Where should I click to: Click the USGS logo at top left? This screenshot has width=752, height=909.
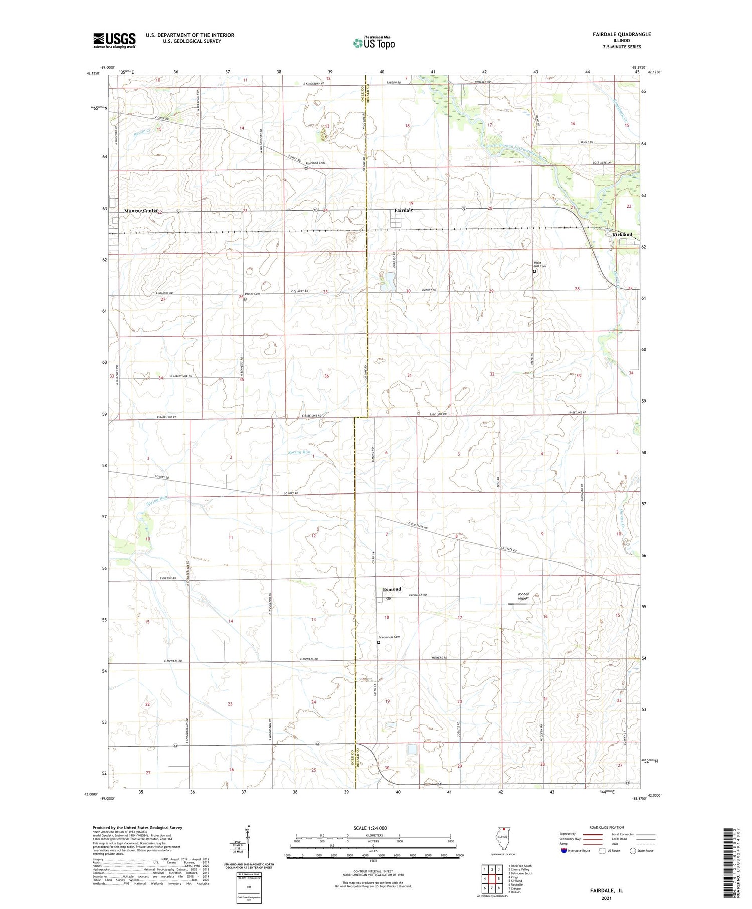[x=114, y=40]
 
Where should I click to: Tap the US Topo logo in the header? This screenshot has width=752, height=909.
[x=373, y=43]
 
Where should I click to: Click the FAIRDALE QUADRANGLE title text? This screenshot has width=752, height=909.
[x=621, y=34]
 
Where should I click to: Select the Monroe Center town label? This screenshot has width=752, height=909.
[x=141, y=211]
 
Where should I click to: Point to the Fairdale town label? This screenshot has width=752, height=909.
[x=403, y=210]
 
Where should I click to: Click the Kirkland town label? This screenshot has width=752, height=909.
[x=622, y=234]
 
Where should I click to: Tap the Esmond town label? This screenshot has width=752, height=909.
[x=392, y=589]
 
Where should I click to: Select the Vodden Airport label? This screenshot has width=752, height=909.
[x=523, y=596]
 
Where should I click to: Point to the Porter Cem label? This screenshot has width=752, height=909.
[x=252, y=294]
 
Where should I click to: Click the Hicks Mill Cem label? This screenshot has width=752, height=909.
[x=540, y=264]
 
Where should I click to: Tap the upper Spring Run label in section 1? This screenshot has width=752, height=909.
[x=299, y=452]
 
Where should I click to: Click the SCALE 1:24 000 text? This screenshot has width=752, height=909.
[x=369, y=828]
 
